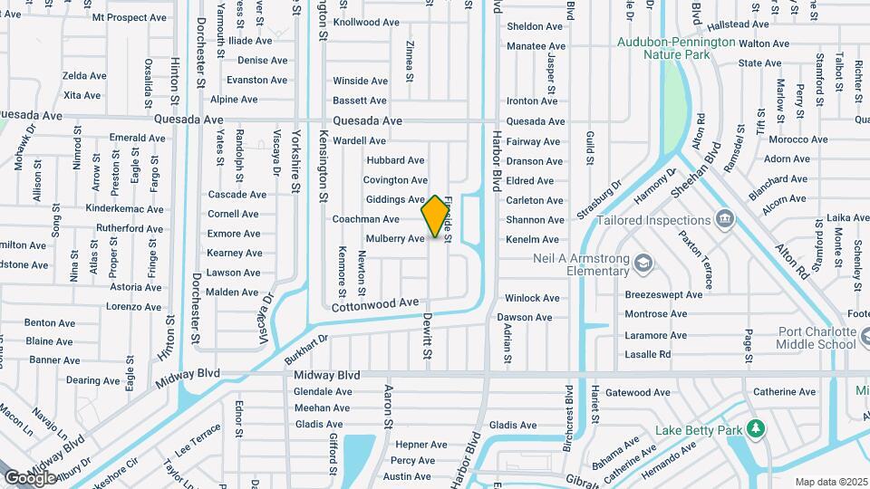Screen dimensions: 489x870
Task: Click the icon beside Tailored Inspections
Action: [x=725, y=219]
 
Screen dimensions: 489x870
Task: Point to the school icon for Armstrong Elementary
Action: [x=643, y=264]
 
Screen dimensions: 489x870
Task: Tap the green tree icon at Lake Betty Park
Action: [x=754, y=428]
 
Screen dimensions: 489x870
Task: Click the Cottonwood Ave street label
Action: [x=375, y=306]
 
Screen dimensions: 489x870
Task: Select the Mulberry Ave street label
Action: [x=395, y=239]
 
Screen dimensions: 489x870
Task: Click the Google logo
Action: [x=30, y=477]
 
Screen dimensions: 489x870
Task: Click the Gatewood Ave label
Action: [x=637, y=393]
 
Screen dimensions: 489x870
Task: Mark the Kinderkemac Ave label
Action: [x=124, y=209]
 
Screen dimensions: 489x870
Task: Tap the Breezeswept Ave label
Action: [x=663, y=294]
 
